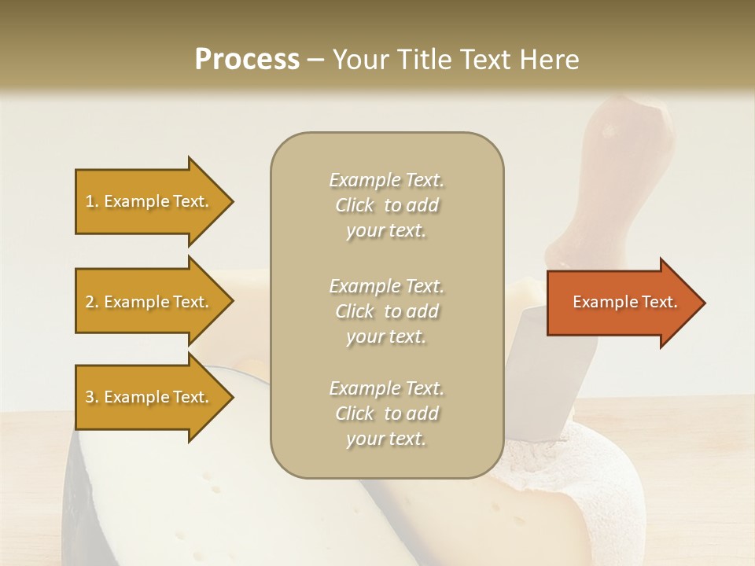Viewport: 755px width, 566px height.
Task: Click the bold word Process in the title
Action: coord(247,60)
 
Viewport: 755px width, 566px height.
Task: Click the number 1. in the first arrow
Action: coord(92,201)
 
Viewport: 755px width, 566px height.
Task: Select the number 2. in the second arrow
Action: coord(92,302)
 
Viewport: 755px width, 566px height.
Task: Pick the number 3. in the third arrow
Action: coord(92,397)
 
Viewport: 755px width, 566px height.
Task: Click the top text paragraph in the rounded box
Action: coord(386,205)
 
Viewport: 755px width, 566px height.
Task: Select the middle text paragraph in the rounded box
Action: coord(386,311)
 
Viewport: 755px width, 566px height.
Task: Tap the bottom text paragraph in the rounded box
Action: coord(386,413)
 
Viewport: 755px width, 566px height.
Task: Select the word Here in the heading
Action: coord(551,60)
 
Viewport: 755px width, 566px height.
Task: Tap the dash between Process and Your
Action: coord(316,61)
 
